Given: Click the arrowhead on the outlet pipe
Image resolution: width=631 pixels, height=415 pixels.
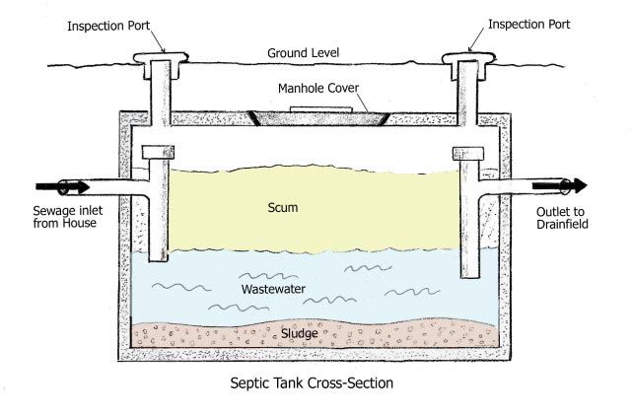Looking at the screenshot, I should (579, 185).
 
